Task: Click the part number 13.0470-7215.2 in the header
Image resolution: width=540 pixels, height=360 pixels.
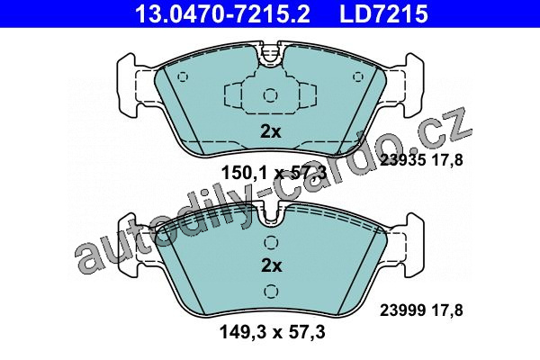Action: click(223, 13)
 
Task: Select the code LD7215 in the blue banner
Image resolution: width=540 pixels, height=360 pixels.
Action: click(383, 13)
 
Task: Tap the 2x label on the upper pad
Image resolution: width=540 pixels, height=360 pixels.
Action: click(271, 131)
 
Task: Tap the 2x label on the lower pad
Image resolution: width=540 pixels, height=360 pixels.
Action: click(272, 265)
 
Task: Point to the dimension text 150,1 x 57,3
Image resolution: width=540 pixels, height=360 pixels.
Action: click(273, 173)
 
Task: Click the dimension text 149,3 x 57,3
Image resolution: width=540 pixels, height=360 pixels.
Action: click(272, 332)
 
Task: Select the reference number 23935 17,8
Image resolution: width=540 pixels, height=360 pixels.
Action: click(421, 159)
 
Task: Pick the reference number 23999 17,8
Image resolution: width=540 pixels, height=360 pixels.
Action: click(421, 310)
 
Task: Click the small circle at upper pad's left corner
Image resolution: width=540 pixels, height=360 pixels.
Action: click(183, 76)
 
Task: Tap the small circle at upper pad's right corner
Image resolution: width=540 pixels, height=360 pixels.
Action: click(358, 76)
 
